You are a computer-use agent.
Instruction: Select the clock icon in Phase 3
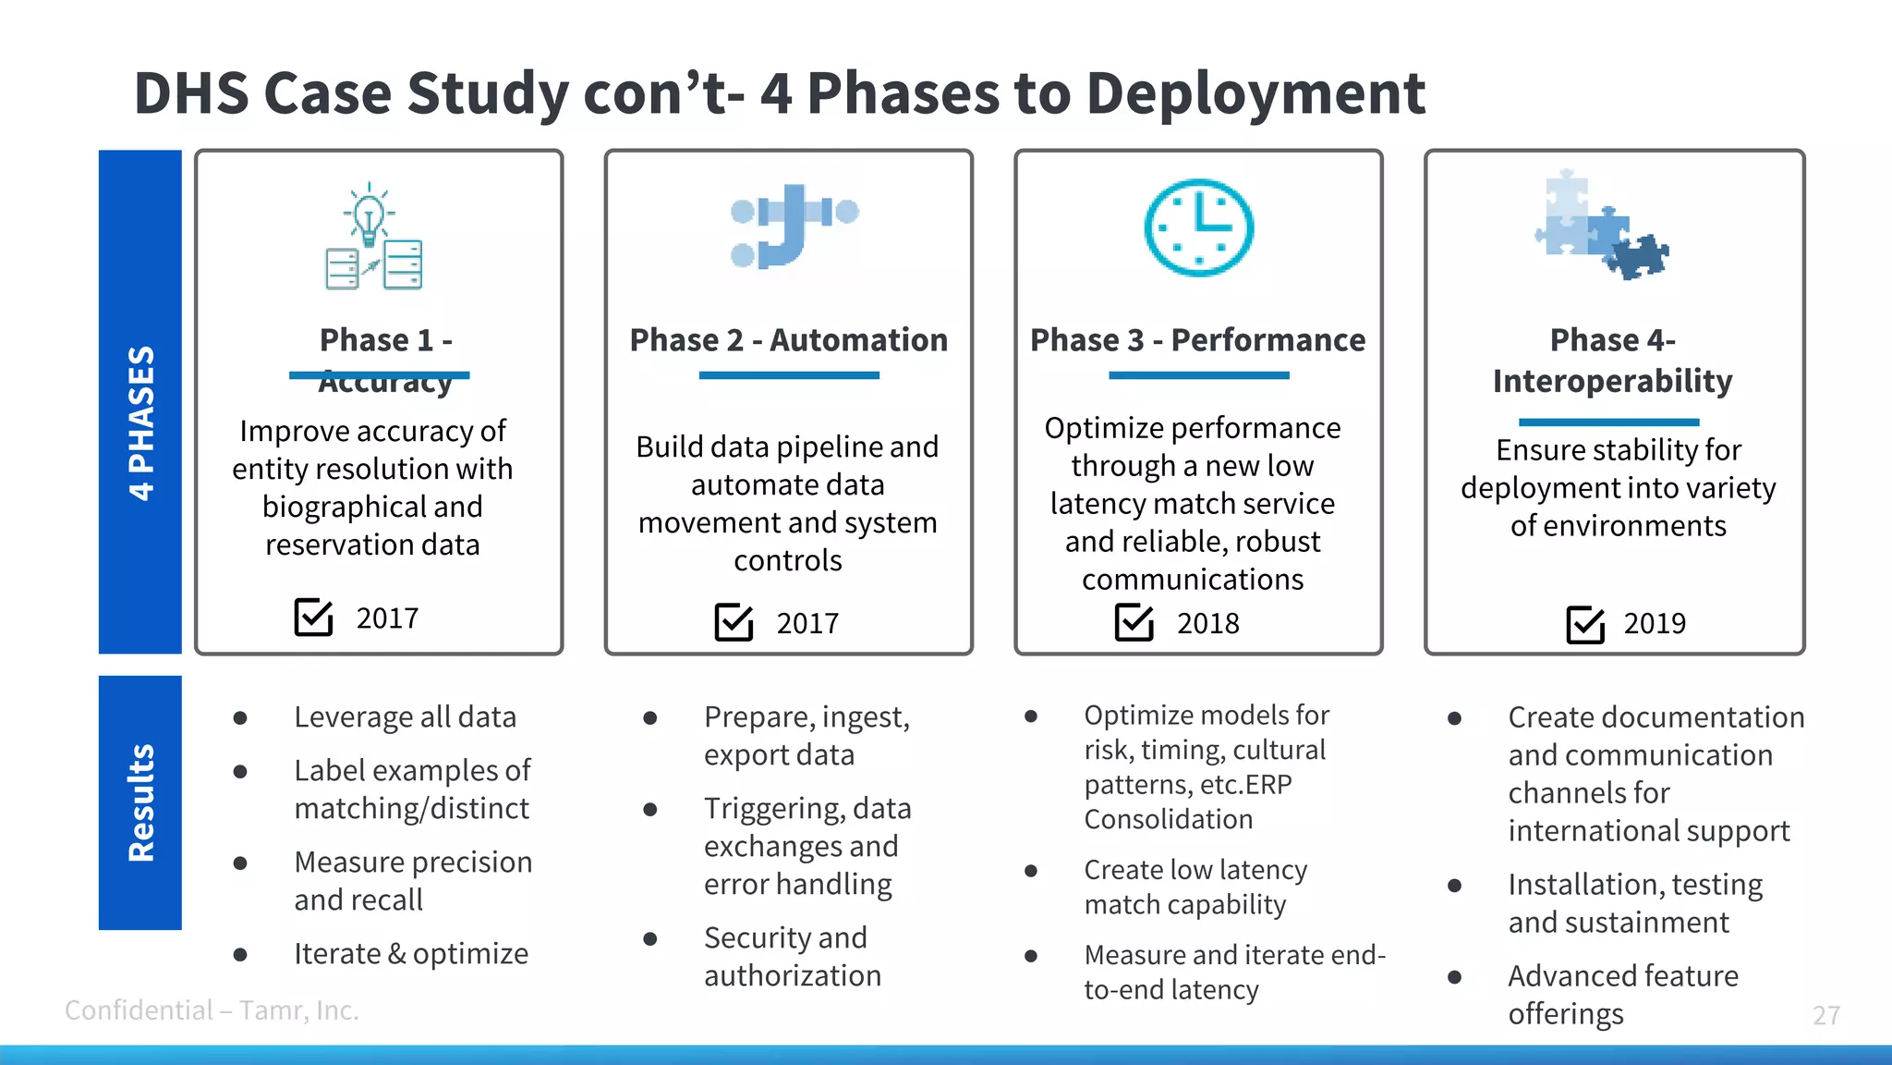(x=1198, y=227)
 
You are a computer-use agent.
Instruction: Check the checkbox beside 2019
(x=1585, y=624)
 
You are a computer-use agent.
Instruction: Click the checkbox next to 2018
(x=1134, y=622)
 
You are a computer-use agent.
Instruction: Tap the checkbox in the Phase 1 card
(x=313, y=617)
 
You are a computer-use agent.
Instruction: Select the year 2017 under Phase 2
(x=807, y=624)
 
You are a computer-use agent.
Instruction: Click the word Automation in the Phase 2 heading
(x=858, y=340)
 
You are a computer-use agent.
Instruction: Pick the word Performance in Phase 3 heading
(x=1267, y=340)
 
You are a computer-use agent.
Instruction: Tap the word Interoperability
(x=1612, y=381)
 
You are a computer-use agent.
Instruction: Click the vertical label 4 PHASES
(x=140, y=422)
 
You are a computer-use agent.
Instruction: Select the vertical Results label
(x=140, y=802)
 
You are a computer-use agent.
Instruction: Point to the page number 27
(x=1825, y=1015)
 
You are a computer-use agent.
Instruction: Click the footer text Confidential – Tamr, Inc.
(x=212, y=1010)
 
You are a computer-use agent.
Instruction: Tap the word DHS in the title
(x=191, y=93)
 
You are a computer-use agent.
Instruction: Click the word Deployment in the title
(x=1255, y=93)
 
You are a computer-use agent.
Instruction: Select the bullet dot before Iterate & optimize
(x=240, y=954)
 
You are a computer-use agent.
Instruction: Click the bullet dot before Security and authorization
(x=650, y=939)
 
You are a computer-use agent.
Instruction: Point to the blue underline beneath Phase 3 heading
(x=1198, y=375)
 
